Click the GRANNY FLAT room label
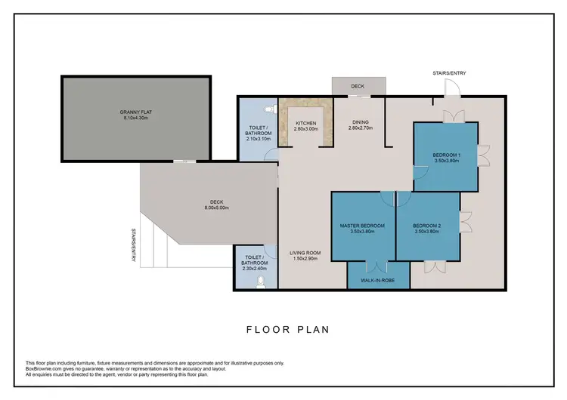pos(137,112)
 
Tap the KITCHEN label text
pos(306,122)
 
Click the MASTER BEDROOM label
pos(363,226)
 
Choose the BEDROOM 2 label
pos(429,226)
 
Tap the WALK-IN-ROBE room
pos(377,281)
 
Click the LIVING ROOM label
pos(306,253)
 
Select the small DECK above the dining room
pos(358,86)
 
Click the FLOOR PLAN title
pos(287,329)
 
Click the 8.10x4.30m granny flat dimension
pos(137,118)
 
